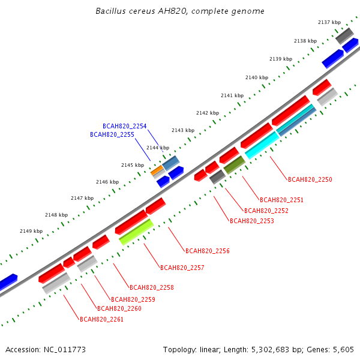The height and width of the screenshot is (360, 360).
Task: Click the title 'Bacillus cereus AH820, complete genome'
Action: pyautogui.click(x=180, y=11)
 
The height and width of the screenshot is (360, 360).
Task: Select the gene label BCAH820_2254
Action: pyautogui.click(x=124, y=126)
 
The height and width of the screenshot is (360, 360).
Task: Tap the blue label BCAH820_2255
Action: pyautogui.click(x=112, y=134)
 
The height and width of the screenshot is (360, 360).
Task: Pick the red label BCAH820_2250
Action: pyautogui.click(x=310, y=179)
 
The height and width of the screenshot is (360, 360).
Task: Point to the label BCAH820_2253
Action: pyautogui.click(x=252, y=221)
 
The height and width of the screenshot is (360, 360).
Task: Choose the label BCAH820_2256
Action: pyautogui.click(x=208, y=251)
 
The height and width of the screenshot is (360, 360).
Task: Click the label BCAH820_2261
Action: pyautogui.click(x=101, y=319)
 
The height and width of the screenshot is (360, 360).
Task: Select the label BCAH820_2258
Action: pyautogui.click(x=152, y=287)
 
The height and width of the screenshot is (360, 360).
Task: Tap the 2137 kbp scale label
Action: pyautogui.click(x=329, y=22)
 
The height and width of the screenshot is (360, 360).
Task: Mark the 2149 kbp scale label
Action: pyautogui.click(x=31, y=231)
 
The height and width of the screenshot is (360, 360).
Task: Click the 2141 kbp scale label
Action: pyautogui.click(x=232, y=95)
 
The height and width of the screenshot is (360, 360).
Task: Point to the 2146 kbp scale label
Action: pyautogui.click(x=107, y=182)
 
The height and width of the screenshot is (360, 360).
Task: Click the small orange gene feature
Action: pyautogui.click(x=157, y=170)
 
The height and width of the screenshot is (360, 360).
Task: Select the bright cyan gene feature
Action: pyautogui.click(x=262, y=145)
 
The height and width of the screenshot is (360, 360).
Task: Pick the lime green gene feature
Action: pyautogui.click(x=136, y=232)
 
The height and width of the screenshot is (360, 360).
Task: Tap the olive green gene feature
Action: pyautogui.click(x=235, y=165)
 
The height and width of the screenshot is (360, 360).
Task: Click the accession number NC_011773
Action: pyautogui.click(x=65, y=350)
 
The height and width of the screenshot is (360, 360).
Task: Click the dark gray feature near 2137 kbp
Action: pyautogui.click(x=344, y=36)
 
